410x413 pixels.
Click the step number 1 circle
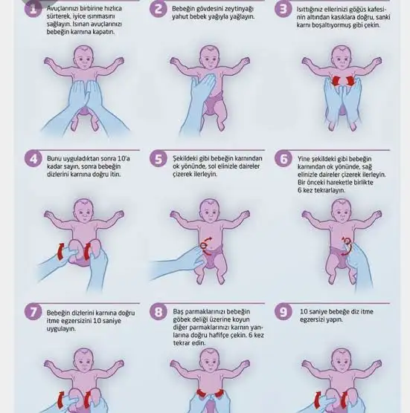coord(33,9)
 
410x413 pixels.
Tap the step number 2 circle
coord(158,9)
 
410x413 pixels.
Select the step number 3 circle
coord(283,9)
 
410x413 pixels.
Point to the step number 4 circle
coord(33,158)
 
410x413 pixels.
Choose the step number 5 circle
coord(158,158)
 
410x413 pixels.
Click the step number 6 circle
coord(284,158)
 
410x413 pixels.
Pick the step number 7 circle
coord(33,311)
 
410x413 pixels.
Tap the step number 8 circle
coord(158,311)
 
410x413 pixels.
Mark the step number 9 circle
coord(284,311)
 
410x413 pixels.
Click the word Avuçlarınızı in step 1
coord(62,9)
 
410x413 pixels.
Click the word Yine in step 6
coord(304,159)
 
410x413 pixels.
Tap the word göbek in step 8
coord(181,319)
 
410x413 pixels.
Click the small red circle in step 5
coord(203,246)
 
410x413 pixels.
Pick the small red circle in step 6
coord(347,240)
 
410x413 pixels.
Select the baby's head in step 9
coord(342,360)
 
